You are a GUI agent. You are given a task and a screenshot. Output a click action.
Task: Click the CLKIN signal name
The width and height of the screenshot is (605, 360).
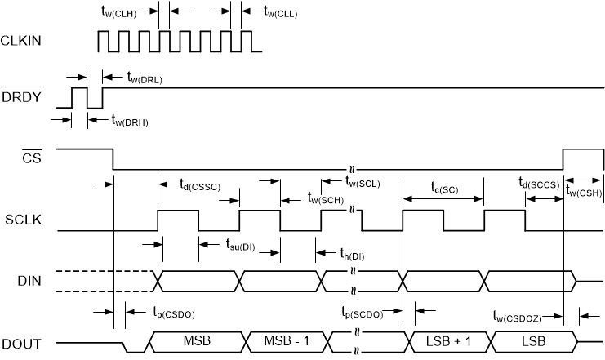coord(22,40)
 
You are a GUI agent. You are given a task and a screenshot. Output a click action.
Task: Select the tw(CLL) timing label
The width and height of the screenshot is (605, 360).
coord(282,11)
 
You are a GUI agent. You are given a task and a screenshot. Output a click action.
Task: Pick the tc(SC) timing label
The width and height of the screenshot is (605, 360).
coord(444,188)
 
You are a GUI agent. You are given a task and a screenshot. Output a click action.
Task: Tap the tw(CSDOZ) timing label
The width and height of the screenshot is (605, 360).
coord(528,315)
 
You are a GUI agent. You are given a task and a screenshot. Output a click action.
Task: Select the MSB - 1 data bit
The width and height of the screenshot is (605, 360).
coord(284,340)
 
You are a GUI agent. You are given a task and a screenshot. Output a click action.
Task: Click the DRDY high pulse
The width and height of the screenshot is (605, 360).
coord(80,96)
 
